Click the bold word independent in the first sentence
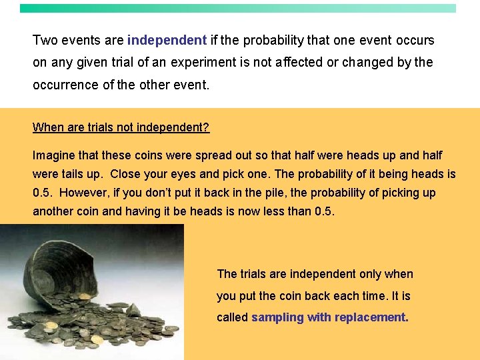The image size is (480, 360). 167,40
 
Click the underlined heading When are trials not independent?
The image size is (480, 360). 121,127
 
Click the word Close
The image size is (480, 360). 127,174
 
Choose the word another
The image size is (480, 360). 55,211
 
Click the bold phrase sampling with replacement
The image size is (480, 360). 329,317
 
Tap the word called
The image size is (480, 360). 232,317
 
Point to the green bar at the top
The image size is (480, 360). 238,9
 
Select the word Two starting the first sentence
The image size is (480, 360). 45,40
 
